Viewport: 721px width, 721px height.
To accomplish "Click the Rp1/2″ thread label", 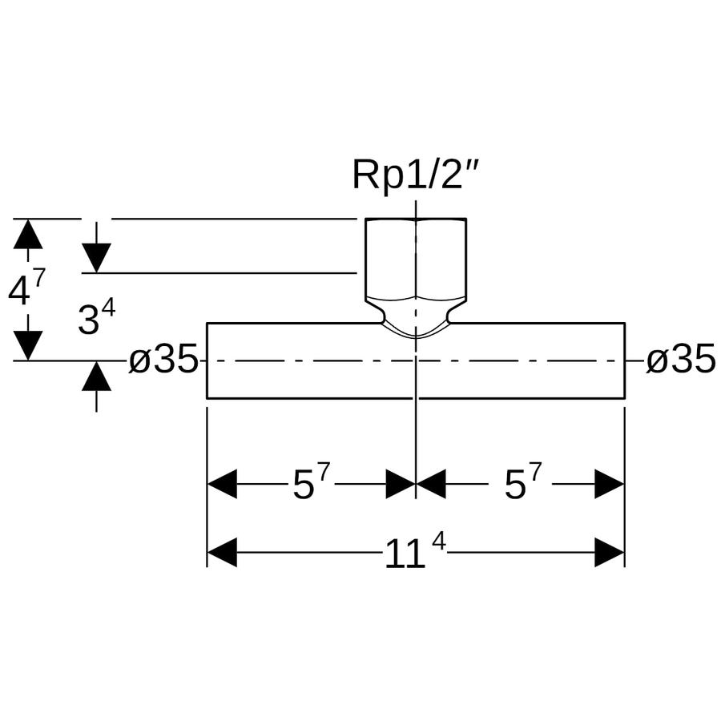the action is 416,175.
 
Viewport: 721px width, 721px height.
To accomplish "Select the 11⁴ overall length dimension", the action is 415,553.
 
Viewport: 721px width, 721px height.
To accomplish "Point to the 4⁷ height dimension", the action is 26,288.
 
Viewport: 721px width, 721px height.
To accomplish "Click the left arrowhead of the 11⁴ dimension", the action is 222,552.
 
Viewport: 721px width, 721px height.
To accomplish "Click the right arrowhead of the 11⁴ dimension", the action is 610,552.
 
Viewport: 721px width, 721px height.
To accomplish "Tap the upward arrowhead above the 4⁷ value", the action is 28,234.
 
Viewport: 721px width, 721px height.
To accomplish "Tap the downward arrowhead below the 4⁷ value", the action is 28,346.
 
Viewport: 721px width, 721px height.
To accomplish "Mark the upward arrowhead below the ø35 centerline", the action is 96,376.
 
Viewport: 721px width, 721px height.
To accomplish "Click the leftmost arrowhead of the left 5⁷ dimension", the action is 222,484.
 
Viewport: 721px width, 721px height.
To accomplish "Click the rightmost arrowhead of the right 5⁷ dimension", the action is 610,484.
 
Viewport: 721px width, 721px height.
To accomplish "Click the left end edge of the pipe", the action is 207,360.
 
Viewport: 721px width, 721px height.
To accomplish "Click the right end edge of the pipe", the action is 624,360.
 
